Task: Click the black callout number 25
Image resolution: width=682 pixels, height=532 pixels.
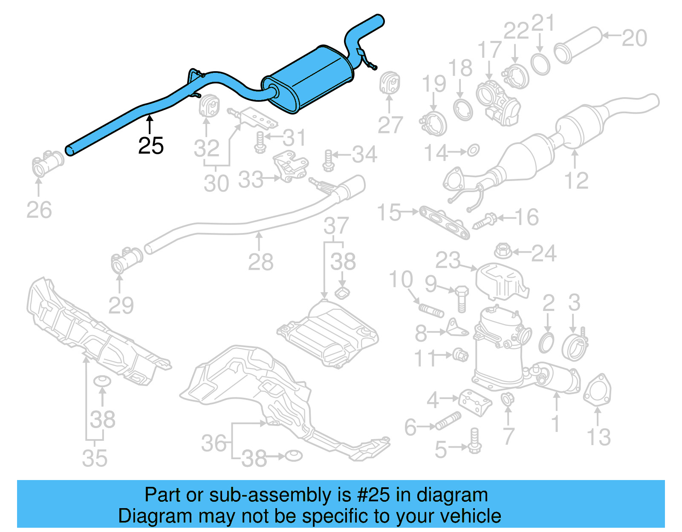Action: (x=151, y=146)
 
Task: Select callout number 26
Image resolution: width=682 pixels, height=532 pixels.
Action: (x=39, y=210)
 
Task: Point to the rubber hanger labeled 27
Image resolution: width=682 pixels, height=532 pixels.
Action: (x=389, y=83)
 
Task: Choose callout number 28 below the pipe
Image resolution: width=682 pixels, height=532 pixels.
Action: (x=260, y=262)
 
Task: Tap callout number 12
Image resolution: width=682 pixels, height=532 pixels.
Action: (x=576, y=181)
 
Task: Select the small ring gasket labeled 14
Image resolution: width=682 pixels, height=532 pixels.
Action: (x=473, y=150)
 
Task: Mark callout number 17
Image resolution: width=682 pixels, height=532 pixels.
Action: (x=489, y=50)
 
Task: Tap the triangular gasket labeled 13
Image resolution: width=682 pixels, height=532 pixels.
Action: (x=597, y=390)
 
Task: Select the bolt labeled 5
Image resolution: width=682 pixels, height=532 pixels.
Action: (x=474, y=441)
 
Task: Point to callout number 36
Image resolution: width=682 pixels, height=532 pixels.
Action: (x=214, y=443)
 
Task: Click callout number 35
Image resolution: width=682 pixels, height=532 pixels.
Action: (x=95, y=458)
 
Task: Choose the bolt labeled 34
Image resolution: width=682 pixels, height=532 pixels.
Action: (x=328, y=161)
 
